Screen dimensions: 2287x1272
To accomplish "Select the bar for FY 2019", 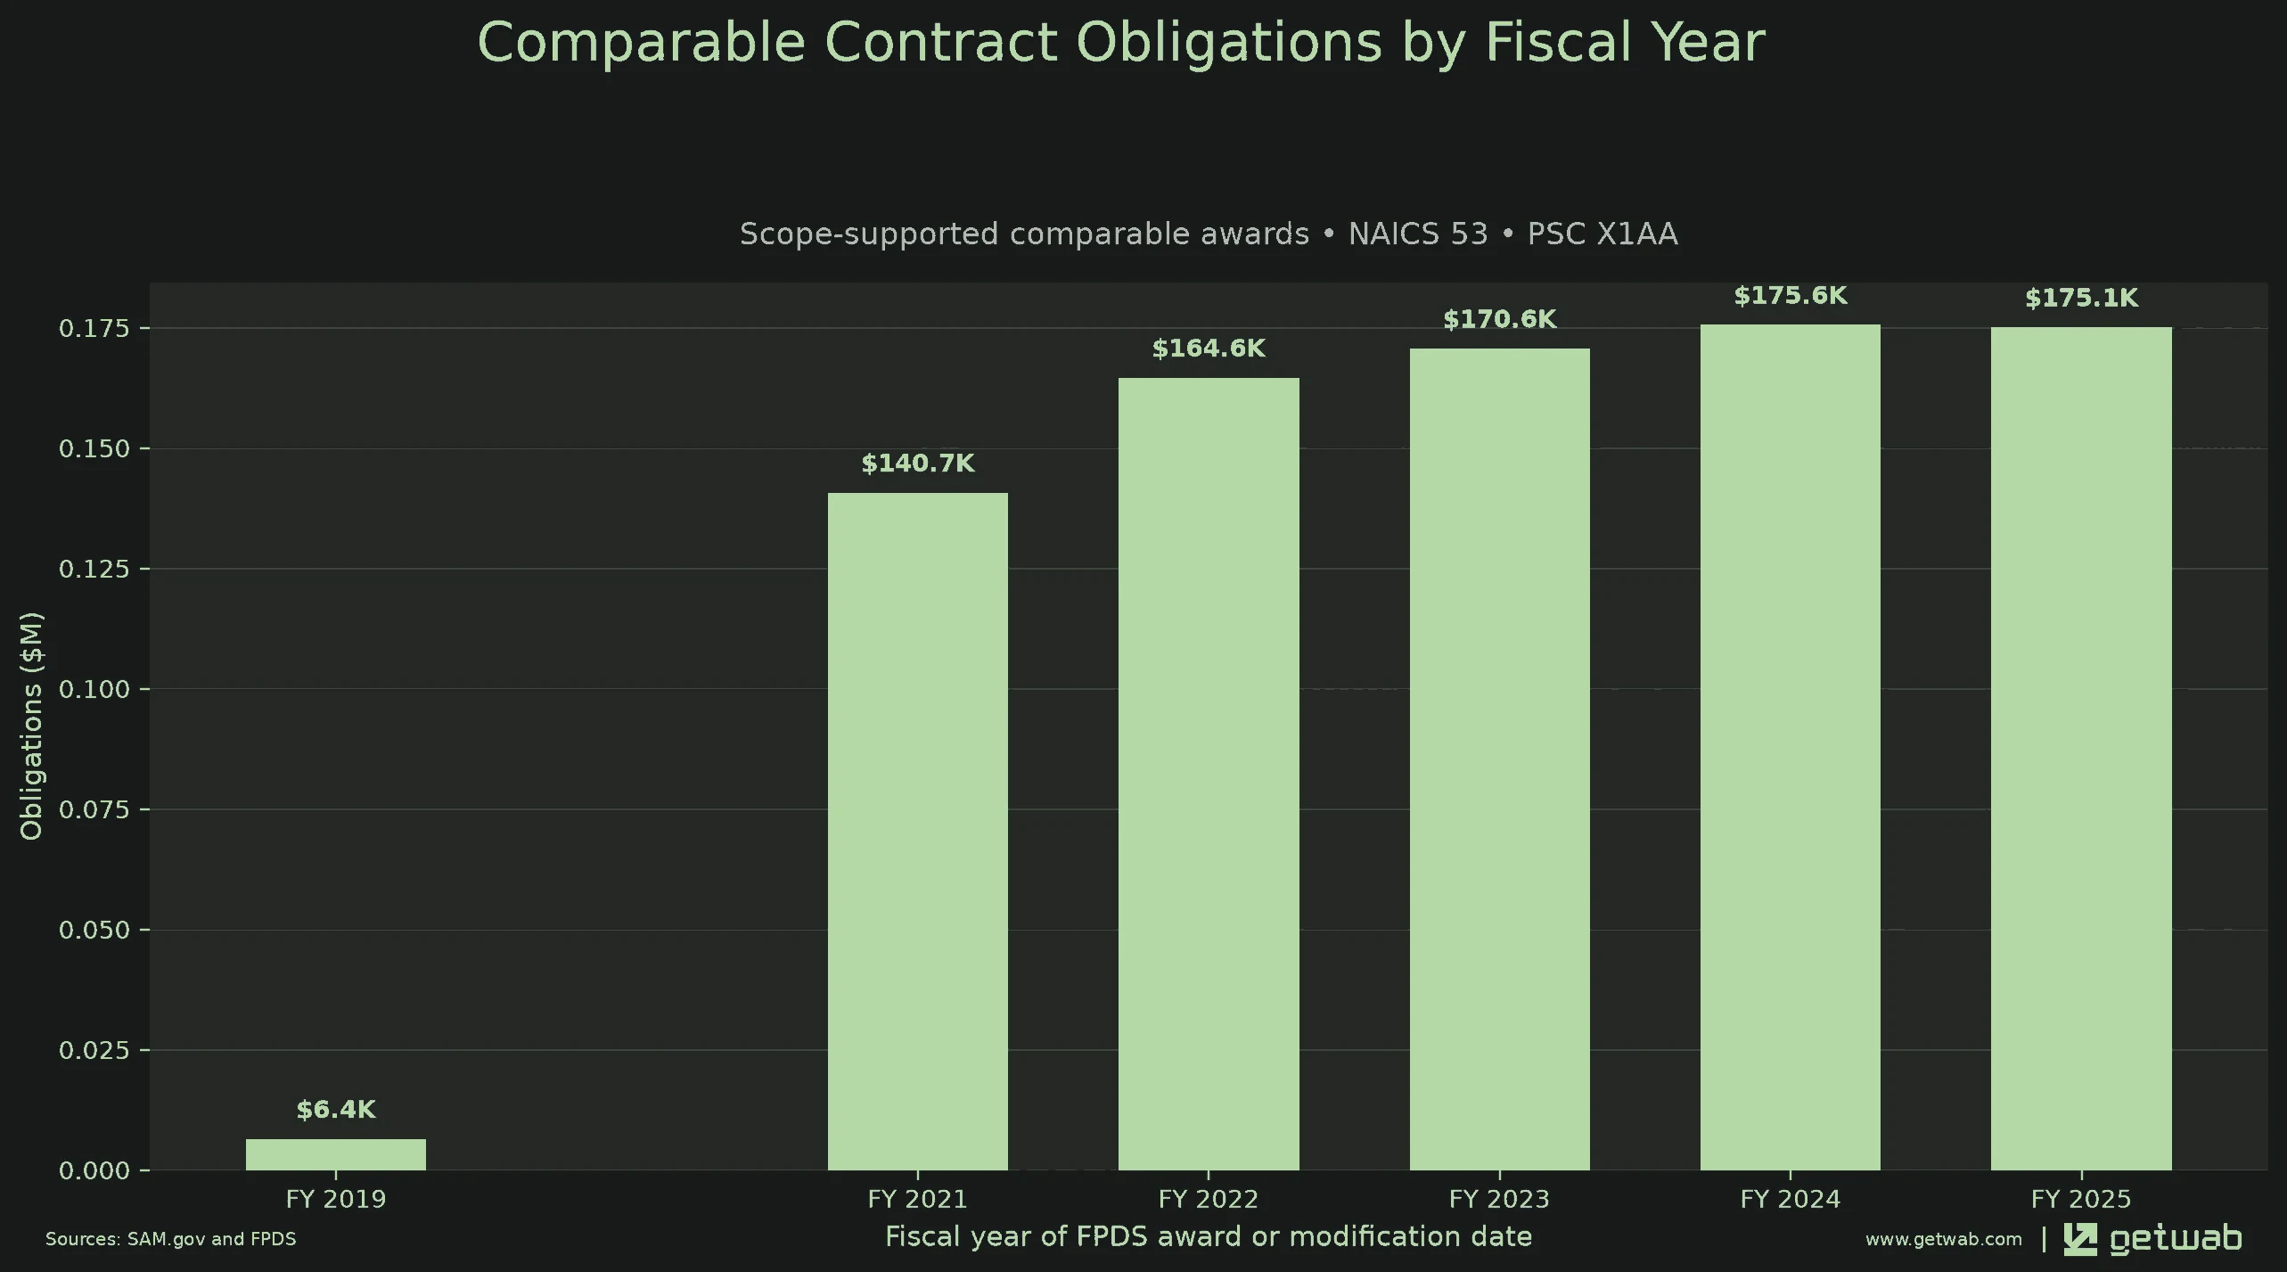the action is click(336, 1154).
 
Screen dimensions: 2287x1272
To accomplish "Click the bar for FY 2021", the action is click(918, 832).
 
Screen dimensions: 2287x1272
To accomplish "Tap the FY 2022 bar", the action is click(1209, 774).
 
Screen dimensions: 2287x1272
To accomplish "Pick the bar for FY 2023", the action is click(1500, 759).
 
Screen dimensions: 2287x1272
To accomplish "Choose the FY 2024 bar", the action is click(1791, 747).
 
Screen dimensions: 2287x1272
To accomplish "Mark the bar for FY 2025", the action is click(2081, 749).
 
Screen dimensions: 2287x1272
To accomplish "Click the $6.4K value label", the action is click(336, 1110).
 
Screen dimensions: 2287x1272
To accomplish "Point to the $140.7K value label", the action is click(918, 464).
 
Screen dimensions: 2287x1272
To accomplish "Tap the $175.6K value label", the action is click(1791, 296).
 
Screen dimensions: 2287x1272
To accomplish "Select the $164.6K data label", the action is click(1209, 349).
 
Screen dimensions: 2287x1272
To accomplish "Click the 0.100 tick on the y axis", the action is click(94, 689).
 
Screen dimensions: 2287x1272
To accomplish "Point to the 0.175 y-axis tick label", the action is click(94, 329).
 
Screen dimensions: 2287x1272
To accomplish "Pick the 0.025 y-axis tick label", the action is click(94, 1050).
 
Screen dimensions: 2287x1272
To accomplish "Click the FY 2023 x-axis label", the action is click(1500, 1199).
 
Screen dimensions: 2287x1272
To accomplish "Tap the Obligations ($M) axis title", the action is click(31, 726).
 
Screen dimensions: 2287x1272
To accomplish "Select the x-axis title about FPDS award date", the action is click(1209, 1237).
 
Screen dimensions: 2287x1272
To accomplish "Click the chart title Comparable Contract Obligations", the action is click(1121, 42).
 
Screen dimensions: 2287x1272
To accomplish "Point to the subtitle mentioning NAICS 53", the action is click(1209, 234).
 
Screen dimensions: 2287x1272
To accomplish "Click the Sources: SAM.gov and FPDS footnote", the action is click(171, 1239).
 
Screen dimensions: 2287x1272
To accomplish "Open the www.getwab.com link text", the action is click(1944, 1239).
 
